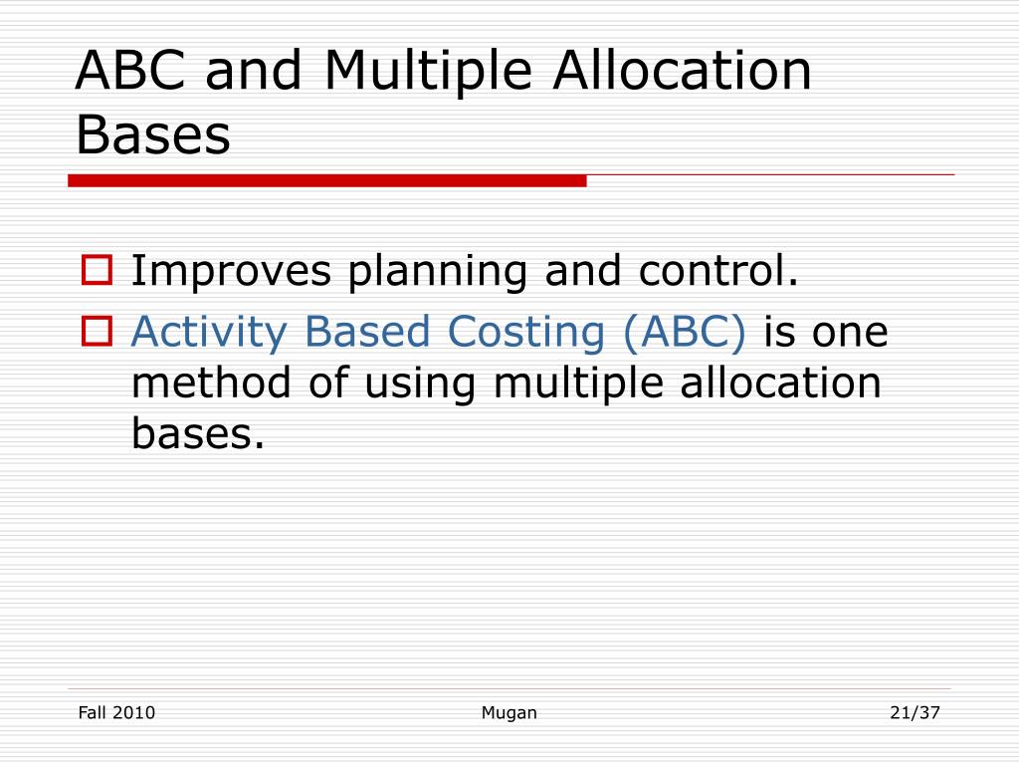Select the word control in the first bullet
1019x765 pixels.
tap(714, 270)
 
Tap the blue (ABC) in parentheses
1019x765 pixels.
tap(685, 333)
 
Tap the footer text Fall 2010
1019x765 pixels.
tap(116, 712)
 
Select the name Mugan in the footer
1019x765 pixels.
tap(509, 712)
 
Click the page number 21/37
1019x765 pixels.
tap(915, 712)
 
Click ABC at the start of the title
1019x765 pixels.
tap(124, 73)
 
